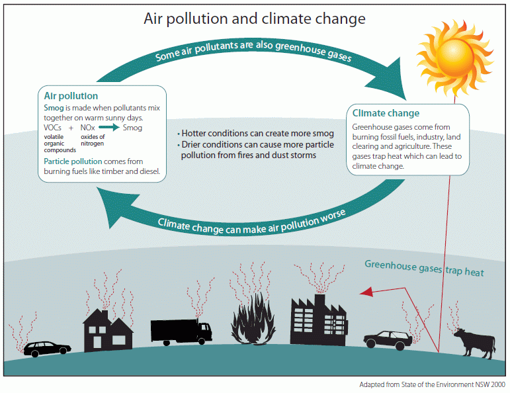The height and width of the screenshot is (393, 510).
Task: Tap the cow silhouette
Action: click(x=475, y=343)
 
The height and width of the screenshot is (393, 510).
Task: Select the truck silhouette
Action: click(x=181, y=331)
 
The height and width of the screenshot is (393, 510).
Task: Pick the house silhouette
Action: click(x=108, y=331)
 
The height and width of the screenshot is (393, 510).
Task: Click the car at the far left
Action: click(x=47, y=349)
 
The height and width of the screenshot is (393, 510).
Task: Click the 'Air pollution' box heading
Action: click(x=71, y=96)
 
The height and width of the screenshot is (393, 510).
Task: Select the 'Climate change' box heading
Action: click(x=386, y=113)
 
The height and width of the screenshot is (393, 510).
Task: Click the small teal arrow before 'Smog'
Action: click(x=109, y=127)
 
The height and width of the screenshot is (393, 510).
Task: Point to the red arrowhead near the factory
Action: click(x=366, y=292)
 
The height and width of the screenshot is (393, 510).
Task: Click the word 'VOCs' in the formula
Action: click(x=52, y=128)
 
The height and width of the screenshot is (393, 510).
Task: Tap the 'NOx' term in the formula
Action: click(x=87, y=128)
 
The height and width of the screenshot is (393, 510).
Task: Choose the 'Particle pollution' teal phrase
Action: click(x=73, y=161)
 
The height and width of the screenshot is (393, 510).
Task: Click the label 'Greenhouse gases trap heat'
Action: click(x=424, y=268)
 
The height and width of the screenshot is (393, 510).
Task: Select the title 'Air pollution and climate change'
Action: click(x=255, y=19)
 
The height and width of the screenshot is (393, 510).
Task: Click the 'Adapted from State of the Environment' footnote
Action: click(x=432, y=384)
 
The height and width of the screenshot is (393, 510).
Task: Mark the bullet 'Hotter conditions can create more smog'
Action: click(x=255, y=134)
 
